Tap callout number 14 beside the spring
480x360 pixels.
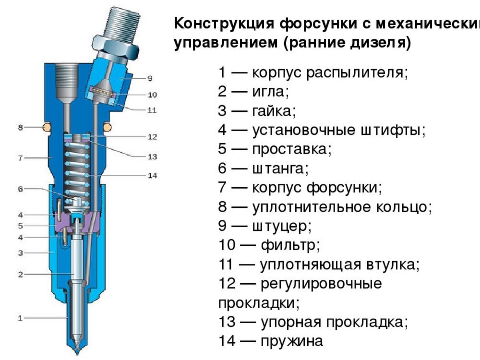[x=152, y=176]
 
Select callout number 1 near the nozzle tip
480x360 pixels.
[x=20, y=318]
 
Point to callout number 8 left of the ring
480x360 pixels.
[x=20, y=127]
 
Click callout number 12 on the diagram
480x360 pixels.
[x=152, y=137]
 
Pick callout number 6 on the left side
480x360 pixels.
[x=20, y=189]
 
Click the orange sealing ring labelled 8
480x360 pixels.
[x=47, y=127]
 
